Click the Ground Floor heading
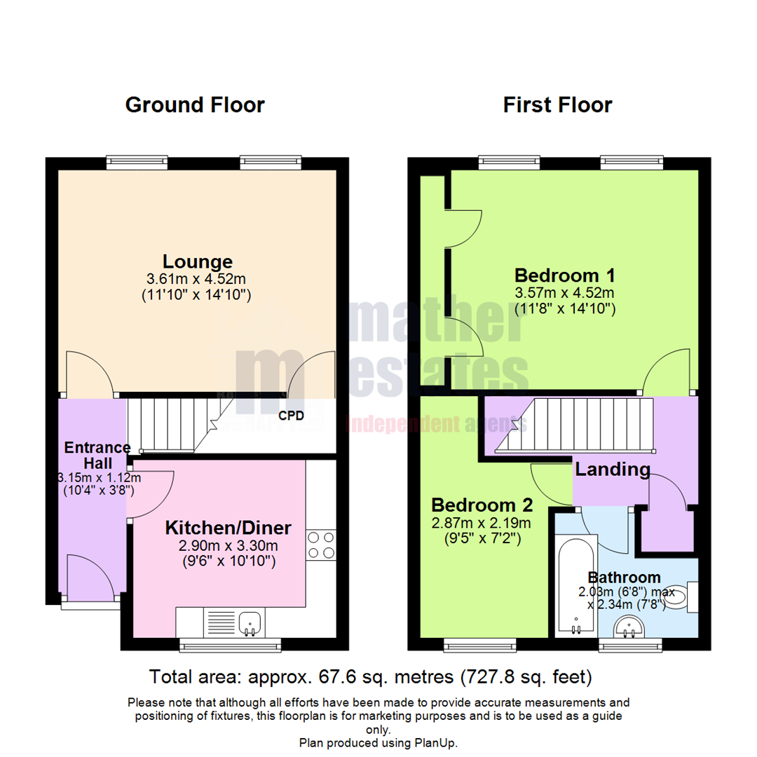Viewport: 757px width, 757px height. tap(194, 105)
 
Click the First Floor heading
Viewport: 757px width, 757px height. tap(557, 105)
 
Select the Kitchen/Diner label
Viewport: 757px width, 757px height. tap(228, 527)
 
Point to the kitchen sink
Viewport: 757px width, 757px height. tap(250, 622)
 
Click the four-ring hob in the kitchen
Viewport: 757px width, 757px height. tap(321, 545)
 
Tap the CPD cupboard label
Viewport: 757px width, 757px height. tap(291, 416)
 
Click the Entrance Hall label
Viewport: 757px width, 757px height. tap(97, 455)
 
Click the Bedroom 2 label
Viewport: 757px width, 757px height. tap(482, 505)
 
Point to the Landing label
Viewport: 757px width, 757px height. tap(612, 469)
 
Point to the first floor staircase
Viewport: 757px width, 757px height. tap(575, 425)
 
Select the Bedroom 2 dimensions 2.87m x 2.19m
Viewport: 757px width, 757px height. tap(482, 522)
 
